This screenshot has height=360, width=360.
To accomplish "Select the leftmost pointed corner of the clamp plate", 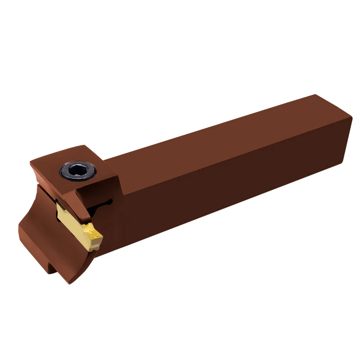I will [x=30, y=162].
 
